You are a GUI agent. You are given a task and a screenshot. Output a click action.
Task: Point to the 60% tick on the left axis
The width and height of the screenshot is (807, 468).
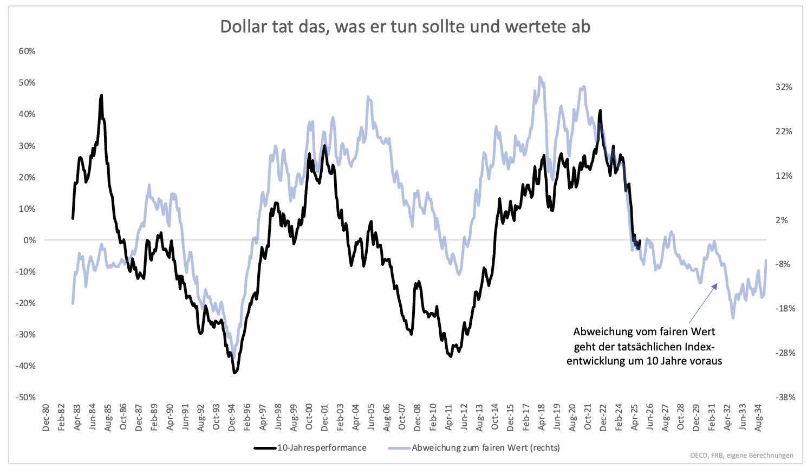(27, 51)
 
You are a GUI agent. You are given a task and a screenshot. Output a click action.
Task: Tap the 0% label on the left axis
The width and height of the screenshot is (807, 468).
(29, 240)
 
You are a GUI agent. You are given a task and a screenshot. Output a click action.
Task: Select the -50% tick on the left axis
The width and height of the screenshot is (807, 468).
(25, 397)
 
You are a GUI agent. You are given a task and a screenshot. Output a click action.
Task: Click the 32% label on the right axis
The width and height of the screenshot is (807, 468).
(784, 87)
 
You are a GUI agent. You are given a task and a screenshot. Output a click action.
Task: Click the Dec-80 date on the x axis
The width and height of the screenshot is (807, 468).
(46, 418)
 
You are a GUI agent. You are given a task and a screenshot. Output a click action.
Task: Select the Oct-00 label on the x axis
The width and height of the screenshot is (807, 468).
(309, 418)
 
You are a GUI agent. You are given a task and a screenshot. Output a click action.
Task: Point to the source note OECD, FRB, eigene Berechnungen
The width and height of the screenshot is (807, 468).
(741, 456)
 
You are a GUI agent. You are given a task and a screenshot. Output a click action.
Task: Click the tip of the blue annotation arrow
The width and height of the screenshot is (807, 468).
(718, 283)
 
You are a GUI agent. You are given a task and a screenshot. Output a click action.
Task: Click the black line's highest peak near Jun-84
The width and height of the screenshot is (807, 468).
(101, 95)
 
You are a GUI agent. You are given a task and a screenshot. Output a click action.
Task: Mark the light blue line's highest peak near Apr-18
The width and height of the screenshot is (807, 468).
(540, 76)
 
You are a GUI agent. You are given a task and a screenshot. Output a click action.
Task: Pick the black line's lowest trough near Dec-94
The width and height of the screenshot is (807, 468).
(234, 373)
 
